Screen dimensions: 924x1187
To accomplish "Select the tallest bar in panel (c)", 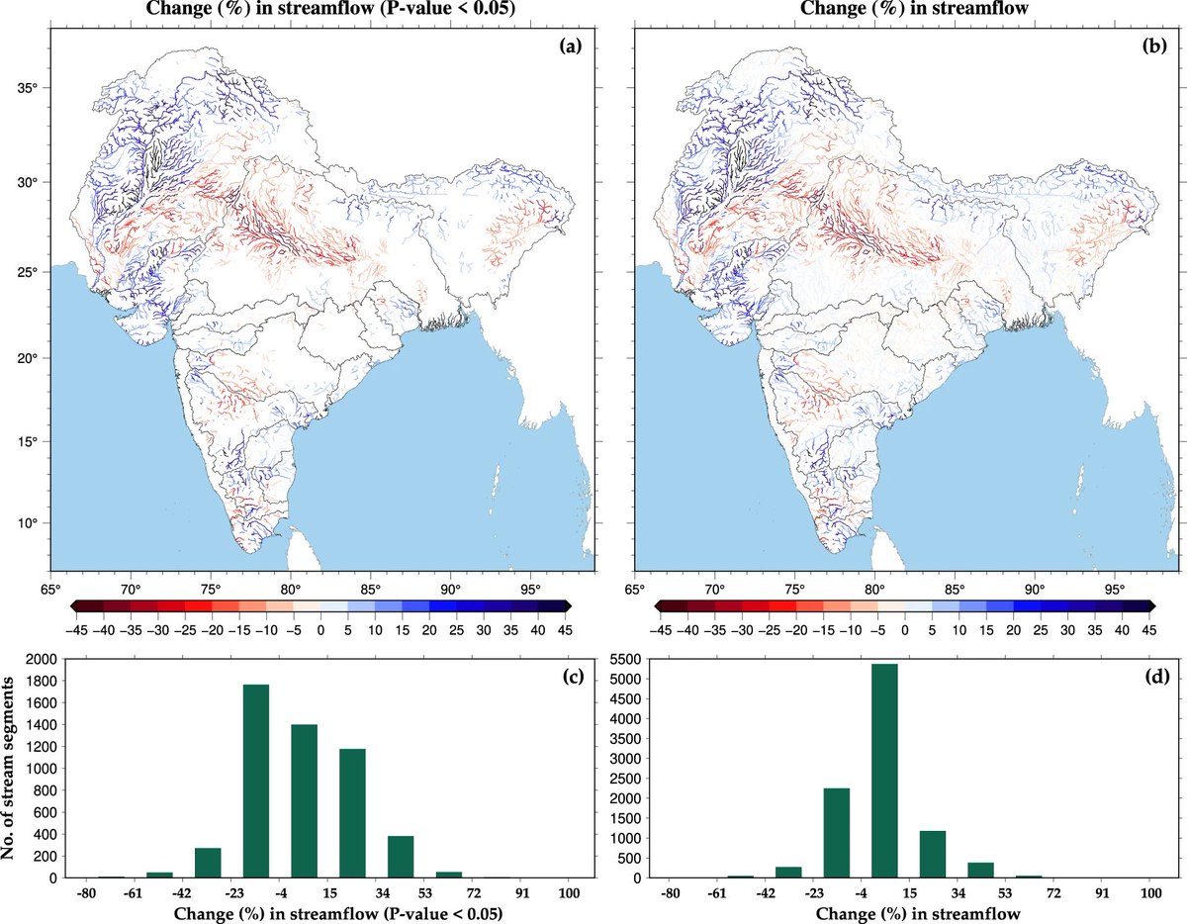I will click(255, 781).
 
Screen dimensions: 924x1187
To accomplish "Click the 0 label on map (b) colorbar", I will click(904, 629).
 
